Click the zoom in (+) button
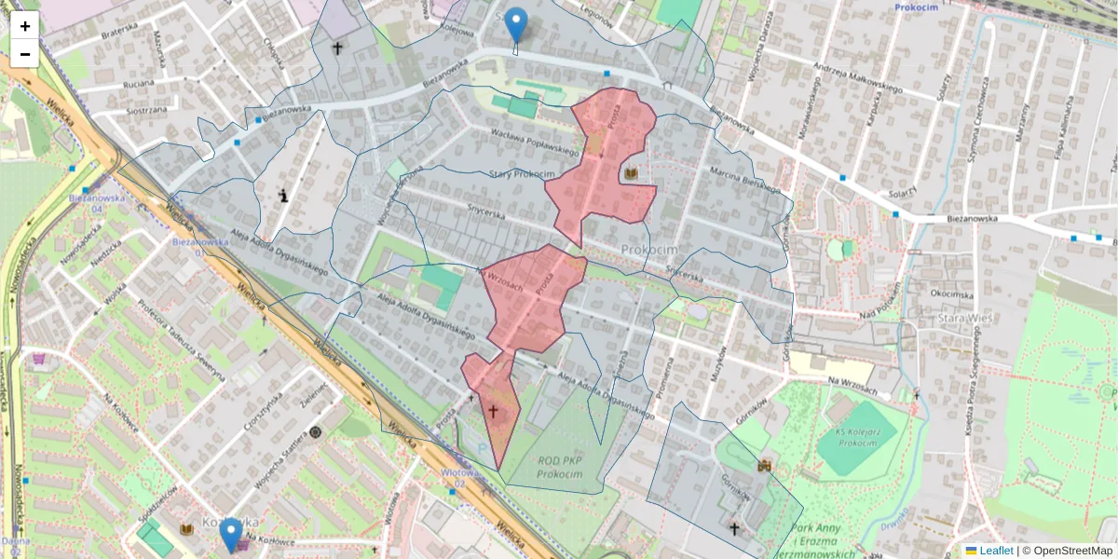[25, 26]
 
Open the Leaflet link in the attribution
[995, 551]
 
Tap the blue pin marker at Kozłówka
[230, 535]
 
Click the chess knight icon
[282, 195]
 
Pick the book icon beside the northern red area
[632, 174]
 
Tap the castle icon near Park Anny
[764, 465]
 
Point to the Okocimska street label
[950, 293]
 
